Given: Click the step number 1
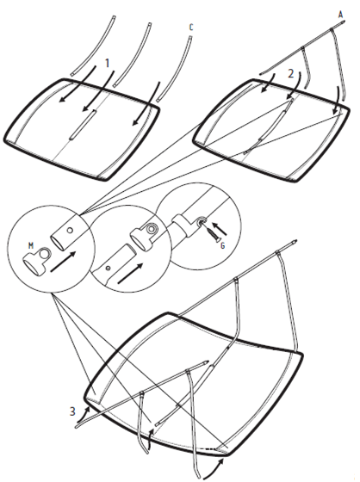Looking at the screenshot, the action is coord(107,63).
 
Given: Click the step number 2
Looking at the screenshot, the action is coord(291,74).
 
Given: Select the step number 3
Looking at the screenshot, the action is coord(72,411).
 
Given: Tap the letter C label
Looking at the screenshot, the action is coord(191,28).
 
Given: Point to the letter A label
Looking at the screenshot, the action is coord(340,15).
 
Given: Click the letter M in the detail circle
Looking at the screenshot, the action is coord(31,245).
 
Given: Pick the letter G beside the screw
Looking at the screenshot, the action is coord(223,245).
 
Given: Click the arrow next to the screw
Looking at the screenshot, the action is coord(222,229).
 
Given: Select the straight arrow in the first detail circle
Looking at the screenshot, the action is coord(63,262).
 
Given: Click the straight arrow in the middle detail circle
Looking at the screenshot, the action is coord(130,274).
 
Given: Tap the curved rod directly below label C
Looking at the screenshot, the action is coord(175,69).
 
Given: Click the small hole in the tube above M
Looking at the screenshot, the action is coord(71,230).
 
